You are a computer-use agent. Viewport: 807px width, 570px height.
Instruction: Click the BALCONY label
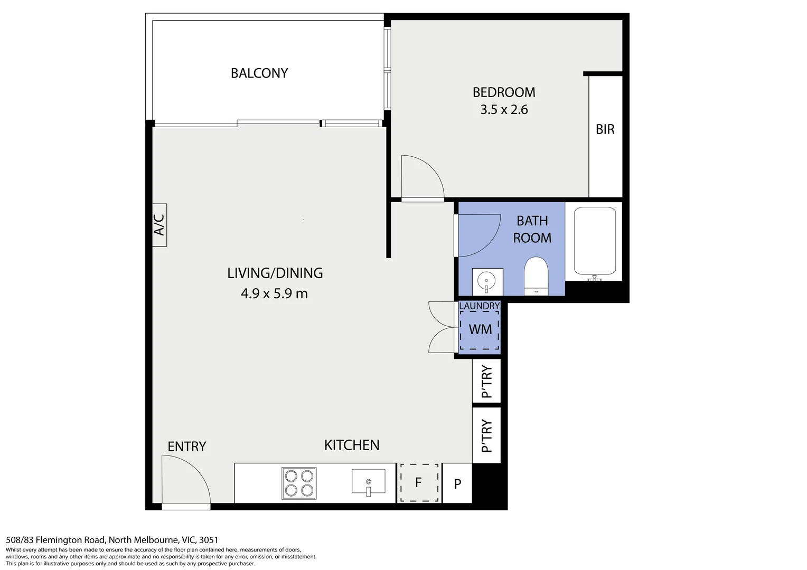(259, 73)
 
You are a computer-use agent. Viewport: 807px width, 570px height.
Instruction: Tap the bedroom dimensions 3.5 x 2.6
(504, 109)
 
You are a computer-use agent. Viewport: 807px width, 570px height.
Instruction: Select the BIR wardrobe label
(605, 129)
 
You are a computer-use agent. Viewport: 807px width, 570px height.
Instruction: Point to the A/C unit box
(159, 225)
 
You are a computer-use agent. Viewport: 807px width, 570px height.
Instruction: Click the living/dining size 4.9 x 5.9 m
(274, 293)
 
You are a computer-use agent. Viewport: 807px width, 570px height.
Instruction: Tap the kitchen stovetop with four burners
(299, 483)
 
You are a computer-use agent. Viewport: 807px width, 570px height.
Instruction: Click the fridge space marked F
(419, 482)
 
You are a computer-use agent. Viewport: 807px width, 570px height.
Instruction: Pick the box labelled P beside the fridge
(457, 483)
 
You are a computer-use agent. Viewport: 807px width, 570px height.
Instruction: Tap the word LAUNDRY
(479, 306)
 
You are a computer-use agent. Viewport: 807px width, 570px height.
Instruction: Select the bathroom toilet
(536, 276)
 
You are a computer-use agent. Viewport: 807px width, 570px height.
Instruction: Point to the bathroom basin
(487, 281)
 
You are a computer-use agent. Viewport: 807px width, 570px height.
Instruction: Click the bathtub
(595, 242)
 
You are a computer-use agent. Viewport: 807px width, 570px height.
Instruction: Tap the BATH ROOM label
(532, 230)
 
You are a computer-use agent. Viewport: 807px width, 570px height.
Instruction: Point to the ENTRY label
(186, 446)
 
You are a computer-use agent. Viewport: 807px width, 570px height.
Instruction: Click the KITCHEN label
(352, 445)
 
